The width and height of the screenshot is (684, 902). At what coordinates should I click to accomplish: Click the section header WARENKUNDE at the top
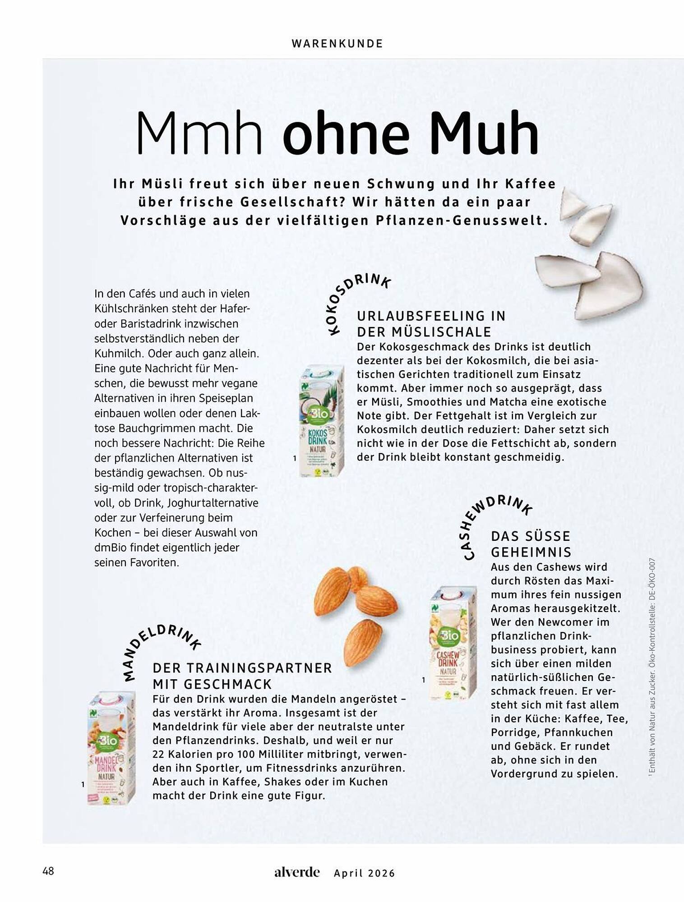tap(337, 44)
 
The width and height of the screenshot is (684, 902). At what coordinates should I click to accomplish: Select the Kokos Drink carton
tap(321, 421)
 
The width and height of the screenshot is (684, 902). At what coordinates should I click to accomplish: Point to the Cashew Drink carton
tap(453, 642)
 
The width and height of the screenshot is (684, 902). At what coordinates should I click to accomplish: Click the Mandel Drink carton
tap(111, 749)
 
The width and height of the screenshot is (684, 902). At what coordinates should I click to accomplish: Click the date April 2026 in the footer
tap(364, 873)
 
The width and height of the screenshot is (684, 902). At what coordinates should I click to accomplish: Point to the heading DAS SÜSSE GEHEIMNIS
tap(531, 544)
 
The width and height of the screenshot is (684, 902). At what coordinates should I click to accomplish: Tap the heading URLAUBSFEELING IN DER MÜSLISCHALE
tap(431, 324)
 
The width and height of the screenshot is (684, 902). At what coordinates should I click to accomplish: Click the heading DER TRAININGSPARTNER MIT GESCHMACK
tap(242, 676)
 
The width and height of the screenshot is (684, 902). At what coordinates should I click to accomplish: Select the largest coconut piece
tap(609, 287)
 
